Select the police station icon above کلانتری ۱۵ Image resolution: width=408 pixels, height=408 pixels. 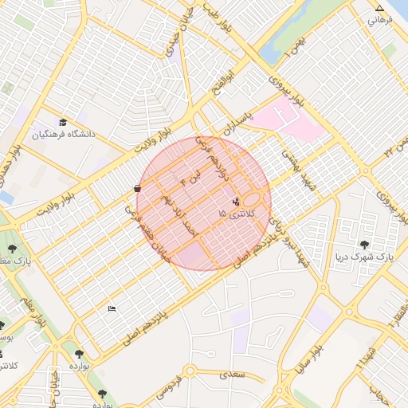coord(235,202)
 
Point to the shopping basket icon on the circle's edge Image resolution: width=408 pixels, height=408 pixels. coord(139,189)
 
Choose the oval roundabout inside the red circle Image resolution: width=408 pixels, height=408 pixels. coord(256,199)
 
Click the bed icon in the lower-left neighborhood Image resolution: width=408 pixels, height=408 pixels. coord(112,308)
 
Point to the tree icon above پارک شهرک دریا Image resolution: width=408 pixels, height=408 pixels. coord(365,245)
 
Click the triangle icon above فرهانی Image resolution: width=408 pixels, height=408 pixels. coord(379,10)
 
